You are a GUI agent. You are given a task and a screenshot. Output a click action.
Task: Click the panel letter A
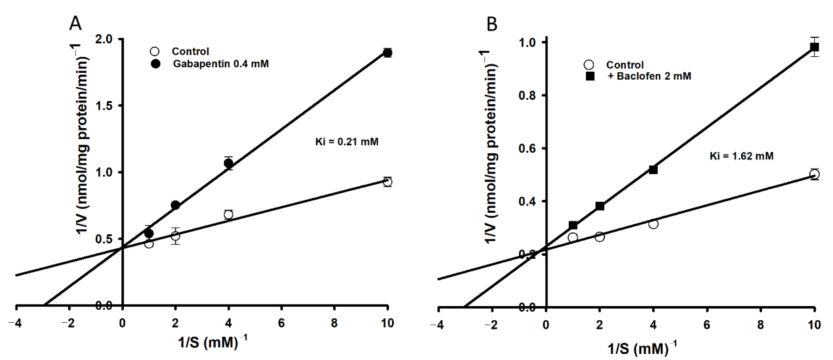tap(75, 24)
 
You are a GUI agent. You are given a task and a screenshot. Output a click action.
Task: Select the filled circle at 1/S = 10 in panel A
tap(387, 53)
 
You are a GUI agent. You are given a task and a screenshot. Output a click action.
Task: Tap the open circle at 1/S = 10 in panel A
tap(387, 182)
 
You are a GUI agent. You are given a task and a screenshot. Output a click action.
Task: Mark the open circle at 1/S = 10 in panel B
tap(814, 174)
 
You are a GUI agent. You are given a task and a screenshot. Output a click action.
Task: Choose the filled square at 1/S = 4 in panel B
tap(653, 170)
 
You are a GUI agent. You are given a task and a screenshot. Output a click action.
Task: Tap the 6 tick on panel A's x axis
tap(281, 323)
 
